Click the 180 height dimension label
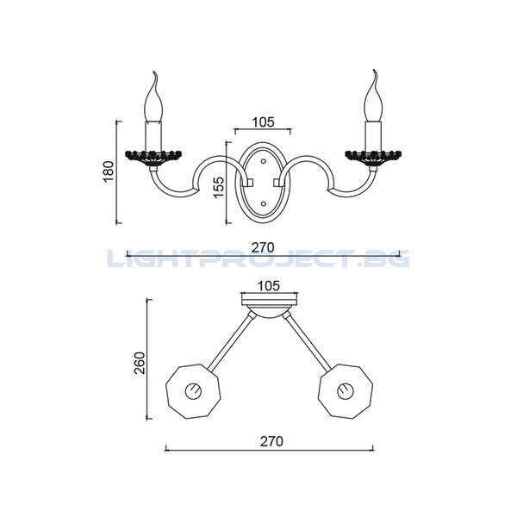point(109,171)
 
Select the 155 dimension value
point(218,187)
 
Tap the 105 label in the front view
point(263,122)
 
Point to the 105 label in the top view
point(269,286)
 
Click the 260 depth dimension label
point(140,363)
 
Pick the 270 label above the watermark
point(263,247)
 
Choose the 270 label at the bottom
point(271,441)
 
